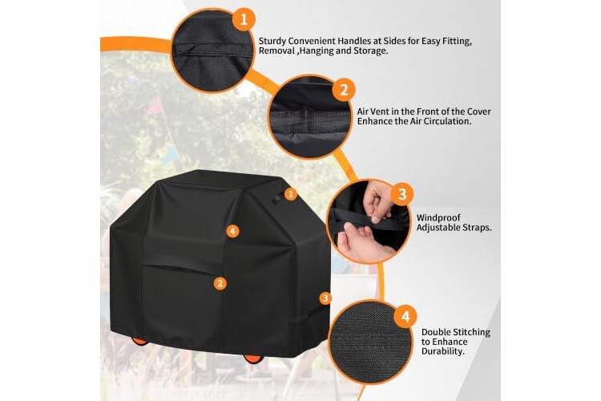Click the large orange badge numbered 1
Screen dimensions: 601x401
[x=244, y=18]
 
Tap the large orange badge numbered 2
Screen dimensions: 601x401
[x=344, y=90]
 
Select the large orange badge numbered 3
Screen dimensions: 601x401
[x=401, y=194]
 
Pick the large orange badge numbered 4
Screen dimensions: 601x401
[x=405, y=317]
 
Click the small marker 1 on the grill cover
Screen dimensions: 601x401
[x=291, y=194]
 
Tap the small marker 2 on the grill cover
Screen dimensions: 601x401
[x=220, y=284]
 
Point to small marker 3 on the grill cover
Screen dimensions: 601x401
[x=325, y=298]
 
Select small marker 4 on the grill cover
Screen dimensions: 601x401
[x=232, y=231]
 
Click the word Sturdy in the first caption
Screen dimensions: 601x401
[x=272, y=41]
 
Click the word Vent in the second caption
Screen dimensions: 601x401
[x=381, y=111]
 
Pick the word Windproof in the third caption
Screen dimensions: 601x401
[x=438, y=218]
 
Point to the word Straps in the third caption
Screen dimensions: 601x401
[x=477, y=228]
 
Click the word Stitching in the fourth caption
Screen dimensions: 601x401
[x=471, y=332]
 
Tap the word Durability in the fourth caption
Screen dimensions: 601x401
[x=442, y=351]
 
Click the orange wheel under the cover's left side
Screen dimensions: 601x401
[x=139, y=340]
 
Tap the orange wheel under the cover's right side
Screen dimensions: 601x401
[x=253, y=358]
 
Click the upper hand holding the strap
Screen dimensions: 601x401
[x=377, y=200]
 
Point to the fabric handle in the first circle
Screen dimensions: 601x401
[x=212, y=49]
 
